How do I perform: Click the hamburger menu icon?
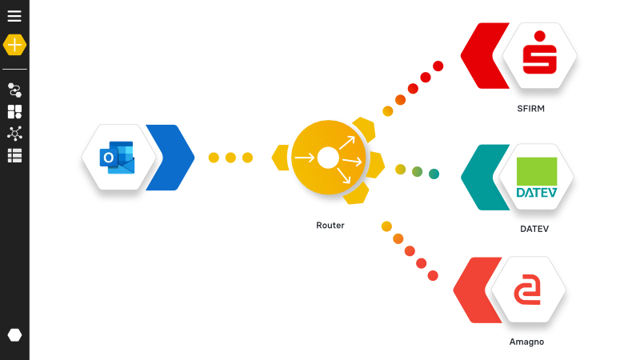[x=14, y=15]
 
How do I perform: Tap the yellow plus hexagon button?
[x=14, y=45]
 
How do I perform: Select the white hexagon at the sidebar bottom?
[x=14, y=334]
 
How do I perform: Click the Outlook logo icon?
[x=118, y=157]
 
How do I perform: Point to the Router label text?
[x=330, y=226]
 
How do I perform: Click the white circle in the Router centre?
[x=328, y=158]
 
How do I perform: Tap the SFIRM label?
[x=531, y=108]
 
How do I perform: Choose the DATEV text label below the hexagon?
[x=534, y=229]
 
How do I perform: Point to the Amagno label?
[x=526, y=342]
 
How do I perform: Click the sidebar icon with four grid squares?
[x=14, y=112]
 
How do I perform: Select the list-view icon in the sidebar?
[x=14, y=155]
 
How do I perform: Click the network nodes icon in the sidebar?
[x=14, y=134]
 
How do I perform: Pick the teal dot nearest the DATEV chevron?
[x=434, y=174]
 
